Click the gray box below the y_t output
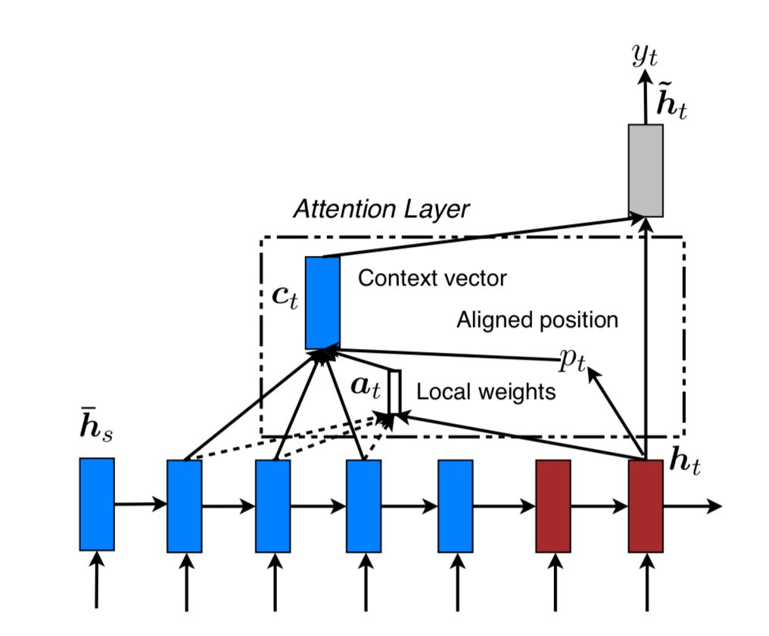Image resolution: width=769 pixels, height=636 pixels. (646, 170)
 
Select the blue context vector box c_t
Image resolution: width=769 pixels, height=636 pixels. (322, 302)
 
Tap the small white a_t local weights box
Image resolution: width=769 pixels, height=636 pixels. (394, 392)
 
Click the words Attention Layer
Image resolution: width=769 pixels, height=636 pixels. (381, 208)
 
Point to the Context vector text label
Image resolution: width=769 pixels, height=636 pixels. (432, 278)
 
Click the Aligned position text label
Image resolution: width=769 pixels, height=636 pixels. (537, 320)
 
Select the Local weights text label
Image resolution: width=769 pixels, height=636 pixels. (486, 392)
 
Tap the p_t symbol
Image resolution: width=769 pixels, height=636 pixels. (572, 361)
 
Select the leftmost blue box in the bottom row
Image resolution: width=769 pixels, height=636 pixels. (97, 503)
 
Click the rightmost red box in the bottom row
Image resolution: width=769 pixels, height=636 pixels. (646, 505)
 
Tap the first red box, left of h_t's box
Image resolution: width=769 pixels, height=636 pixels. (553, 505)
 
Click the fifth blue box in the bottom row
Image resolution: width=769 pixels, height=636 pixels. (456, 505)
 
